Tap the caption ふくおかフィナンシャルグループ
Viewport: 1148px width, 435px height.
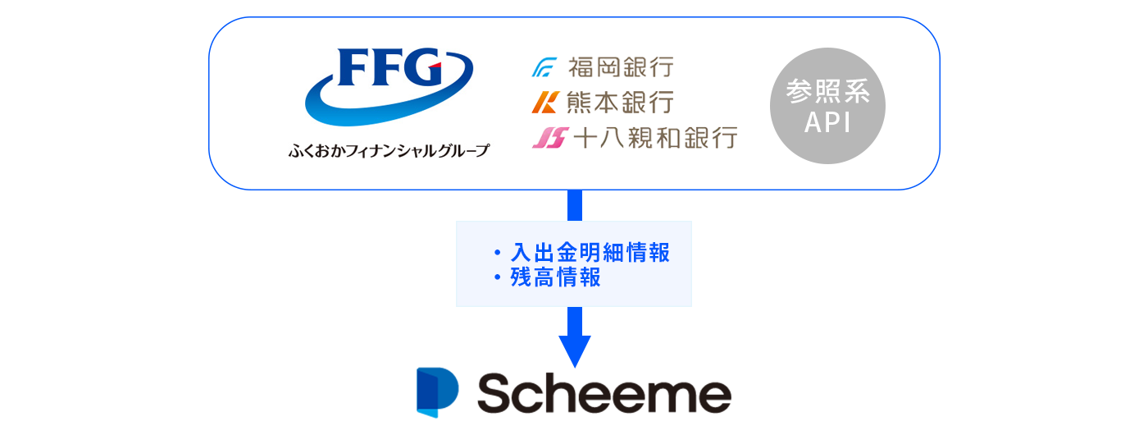tap(389, 151)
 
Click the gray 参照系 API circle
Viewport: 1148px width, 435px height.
tap(827, 106)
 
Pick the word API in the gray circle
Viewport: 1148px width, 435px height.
tap(827, 121)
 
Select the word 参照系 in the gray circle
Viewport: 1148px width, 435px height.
tap(827, 91)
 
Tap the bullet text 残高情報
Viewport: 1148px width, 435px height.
tap(556, 277)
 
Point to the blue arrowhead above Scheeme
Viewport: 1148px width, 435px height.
tap(574, 350)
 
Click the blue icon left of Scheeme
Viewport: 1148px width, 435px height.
tap(437, 392)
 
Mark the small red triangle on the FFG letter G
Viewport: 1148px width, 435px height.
tap(436, 66)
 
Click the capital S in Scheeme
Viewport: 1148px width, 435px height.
tap(497, 394)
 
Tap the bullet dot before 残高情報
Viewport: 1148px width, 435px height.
tap(497, 278)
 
